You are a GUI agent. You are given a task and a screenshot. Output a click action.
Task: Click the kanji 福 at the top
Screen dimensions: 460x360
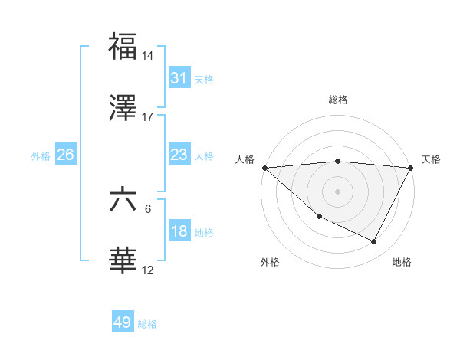tap(123, 47)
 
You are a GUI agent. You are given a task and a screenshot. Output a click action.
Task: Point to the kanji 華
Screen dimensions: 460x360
tap(123, 261)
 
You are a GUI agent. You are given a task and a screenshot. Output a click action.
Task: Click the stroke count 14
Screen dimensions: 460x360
tap(148, 56)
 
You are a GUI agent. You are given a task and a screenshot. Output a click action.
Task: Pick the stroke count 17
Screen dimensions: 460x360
tap(148, 117)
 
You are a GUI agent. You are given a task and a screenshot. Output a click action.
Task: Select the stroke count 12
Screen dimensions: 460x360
tap(148, 270)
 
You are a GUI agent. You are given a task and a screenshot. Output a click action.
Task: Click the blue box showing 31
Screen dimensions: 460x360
tap(179, 77)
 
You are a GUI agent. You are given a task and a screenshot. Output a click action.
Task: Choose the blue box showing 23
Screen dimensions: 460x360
tap(179, 155)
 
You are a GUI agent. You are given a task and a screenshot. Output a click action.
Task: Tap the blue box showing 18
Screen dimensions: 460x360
tap(179, 231)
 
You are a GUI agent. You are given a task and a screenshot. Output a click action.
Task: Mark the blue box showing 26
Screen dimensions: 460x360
tap(66, 155)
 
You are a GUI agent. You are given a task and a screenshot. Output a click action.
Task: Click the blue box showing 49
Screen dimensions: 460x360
tap(123, 322)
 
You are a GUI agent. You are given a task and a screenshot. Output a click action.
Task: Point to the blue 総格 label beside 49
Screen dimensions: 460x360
tap(148, 324)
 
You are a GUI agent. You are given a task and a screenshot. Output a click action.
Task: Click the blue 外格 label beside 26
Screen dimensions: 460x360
tap(41, 156)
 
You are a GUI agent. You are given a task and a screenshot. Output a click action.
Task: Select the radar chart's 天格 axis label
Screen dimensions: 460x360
tap(432, 159)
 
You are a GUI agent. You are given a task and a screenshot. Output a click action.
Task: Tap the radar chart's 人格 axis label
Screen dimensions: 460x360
tap(245, 159)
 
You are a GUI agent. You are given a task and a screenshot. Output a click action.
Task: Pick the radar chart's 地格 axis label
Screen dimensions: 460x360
tap(402, 262)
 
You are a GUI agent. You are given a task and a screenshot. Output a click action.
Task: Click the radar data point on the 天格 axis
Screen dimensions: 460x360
tap(411, 168)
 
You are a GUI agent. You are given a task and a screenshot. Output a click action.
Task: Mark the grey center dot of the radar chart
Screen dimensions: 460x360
tap(337, 191)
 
